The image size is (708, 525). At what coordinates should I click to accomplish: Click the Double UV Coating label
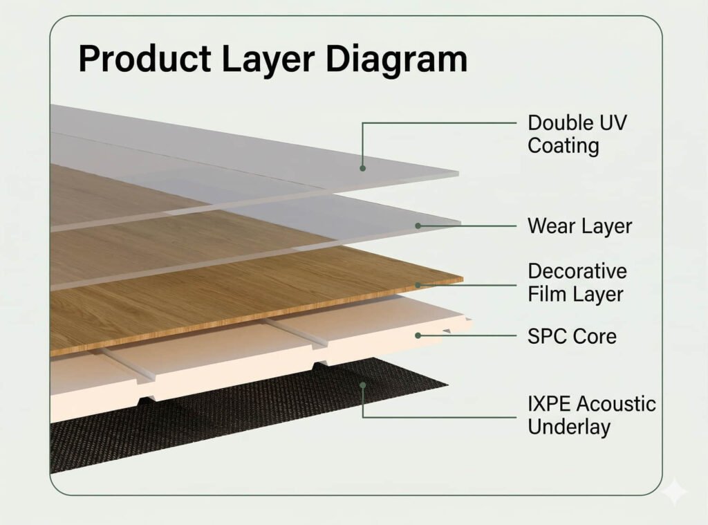pyautogui.click(x=577, y=134)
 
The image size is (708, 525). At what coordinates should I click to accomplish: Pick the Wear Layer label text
pyautogui.click(x=579, y=225)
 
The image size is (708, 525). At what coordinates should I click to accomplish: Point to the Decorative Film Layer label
pyautogui.click(x=577, y=282)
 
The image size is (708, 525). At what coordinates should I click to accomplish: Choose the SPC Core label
pyautogui.click(x=572, y=337)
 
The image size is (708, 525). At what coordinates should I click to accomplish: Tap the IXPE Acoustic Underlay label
pyautogui.click(x=592, y=414)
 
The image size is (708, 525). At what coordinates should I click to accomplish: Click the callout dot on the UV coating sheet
pyautogui.click(x=362, y=167)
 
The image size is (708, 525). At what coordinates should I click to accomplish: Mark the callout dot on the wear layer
pyautogui.click(x=418, y=225)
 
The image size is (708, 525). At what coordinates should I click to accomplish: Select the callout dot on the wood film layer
pyautogui.click(x=418, y=284)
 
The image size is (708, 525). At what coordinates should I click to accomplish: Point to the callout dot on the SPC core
pyautogui.click(x=418, y=336)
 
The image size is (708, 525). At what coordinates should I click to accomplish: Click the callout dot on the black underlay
pyautogui.click(x=362, y=385)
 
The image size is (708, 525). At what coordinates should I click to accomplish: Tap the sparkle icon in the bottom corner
pyautogui.click(x=674, y=492)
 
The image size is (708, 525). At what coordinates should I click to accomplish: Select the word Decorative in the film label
pyautogui.click(x=577, y=270)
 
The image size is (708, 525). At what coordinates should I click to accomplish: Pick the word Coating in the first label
pyautogui.click(x=563, y=146)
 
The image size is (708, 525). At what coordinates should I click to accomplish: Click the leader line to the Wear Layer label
pyautogui.click(x=470, y=225)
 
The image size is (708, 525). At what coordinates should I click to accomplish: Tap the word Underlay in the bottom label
pyautogui.click(x=569, y=426)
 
